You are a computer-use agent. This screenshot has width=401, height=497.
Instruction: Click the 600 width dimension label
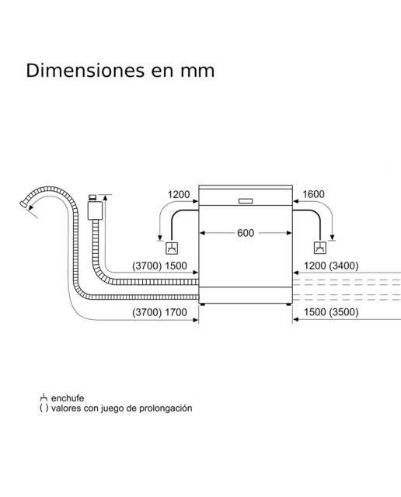pyautogui.click(x=246, y=233)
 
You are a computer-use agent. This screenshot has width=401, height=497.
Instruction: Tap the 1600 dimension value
pyautogui.click(x=313, y=194)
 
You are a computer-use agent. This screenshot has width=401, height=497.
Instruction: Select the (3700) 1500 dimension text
pyautogui.click(x=159, y=266)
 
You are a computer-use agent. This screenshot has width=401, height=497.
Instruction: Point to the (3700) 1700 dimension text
pyautogui.click(x=159, y=312)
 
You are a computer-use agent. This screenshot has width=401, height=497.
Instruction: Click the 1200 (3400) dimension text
pyautogui.click(x=331, y=266)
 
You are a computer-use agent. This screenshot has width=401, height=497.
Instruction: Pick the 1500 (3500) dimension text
pyautogui.click(x=331, y=312)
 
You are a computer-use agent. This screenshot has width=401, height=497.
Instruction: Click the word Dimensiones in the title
pyautogui.click(x=85, y=71)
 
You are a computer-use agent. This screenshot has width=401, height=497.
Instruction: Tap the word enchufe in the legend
pyautogui.click(x=68, y=398)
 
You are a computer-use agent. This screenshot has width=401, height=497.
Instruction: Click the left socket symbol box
pyautogui.click(x=172, y=248)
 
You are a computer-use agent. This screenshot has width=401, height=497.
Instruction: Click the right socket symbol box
pyautogui.click(x=319, y=248)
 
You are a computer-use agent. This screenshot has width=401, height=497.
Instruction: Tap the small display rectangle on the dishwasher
pyautogui.click(x=246, y=201)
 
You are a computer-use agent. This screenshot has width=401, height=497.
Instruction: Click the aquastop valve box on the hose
pyautogui.click(x=95, y=210)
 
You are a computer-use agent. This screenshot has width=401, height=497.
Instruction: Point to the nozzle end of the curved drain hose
pyautogui.click(x=23, y=203)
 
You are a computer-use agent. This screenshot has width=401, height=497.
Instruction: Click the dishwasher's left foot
pyautogui.click(x=203, y=304)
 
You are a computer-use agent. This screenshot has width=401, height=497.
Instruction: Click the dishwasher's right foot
pyautogui.click(x=288, y=304)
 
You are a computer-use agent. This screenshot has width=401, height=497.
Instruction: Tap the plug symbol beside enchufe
pyautogui.click(x=44, y=398)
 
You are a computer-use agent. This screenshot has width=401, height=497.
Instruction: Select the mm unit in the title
pyautogui.click(x=197, y=71)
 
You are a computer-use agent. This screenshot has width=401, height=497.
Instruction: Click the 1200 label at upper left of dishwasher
pyautogui.click(x=179, y=195)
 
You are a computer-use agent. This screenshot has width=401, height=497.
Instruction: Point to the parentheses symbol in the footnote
pyautogui.click(x=44, y=408)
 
